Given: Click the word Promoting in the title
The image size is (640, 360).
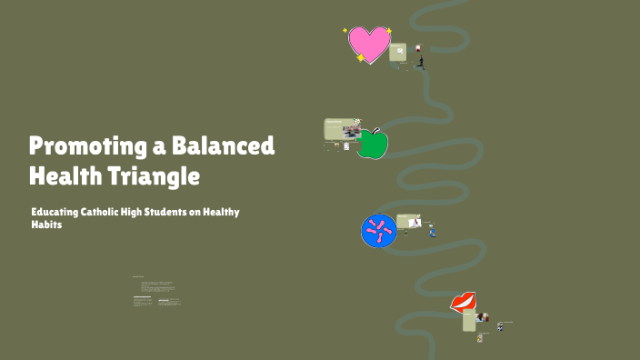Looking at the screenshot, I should [75, 145].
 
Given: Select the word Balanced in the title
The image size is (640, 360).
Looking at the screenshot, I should [226, 145].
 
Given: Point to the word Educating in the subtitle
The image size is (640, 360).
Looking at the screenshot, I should [55, 212].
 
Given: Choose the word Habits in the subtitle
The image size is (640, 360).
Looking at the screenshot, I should [45, 225].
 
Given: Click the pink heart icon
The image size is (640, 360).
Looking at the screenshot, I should [368, 44].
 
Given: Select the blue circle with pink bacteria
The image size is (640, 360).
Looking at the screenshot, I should [378, 230].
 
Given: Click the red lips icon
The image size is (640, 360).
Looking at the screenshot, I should [464, 302].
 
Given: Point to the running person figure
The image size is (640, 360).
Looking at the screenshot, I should [420, 62].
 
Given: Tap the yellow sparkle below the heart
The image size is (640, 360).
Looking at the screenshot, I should [361, 58].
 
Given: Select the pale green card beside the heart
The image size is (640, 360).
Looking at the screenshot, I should [398, 53].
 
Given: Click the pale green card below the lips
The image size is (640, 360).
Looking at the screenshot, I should [469, 321].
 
